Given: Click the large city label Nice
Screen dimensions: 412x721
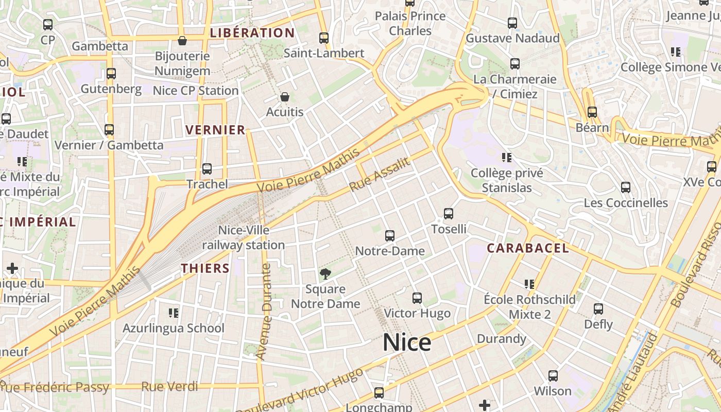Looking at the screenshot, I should coord(406,342).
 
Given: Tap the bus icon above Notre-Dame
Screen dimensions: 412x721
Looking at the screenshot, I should coord(390,236).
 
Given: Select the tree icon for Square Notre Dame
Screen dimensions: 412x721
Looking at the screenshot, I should coord(325,273).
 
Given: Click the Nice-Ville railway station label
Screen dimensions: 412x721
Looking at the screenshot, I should coord(244,237).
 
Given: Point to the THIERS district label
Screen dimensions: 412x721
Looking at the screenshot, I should coord(205,268).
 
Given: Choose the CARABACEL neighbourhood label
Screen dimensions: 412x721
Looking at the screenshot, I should coord(528,248).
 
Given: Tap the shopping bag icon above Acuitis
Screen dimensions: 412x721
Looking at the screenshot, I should coord(284,97).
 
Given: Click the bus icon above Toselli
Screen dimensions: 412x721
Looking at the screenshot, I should coord(449,214).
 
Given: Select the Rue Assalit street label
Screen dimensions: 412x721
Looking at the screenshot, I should coord(380,174).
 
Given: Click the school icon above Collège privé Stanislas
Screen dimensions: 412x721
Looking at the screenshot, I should coord(506,158).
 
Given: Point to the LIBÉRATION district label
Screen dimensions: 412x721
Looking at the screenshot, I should coord(252,33).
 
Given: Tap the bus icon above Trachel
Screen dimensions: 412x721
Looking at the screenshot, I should coord(207,168).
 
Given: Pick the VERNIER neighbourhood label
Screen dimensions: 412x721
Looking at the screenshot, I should coord(215,130).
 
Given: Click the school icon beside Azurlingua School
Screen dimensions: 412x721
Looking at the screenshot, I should coord(174,313).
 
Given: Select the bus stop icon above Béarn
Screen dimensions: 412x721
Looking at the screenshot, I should coord(592,112).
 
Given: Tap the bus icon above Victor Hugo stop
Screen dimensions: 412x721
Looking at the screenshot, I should coord(417,298).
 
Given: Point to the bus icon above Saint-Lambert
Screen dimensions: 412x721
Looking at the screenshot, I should coord(324,38).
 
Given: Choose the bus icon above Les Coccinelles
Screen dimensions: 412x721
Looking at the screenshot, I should coord(626,187).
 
